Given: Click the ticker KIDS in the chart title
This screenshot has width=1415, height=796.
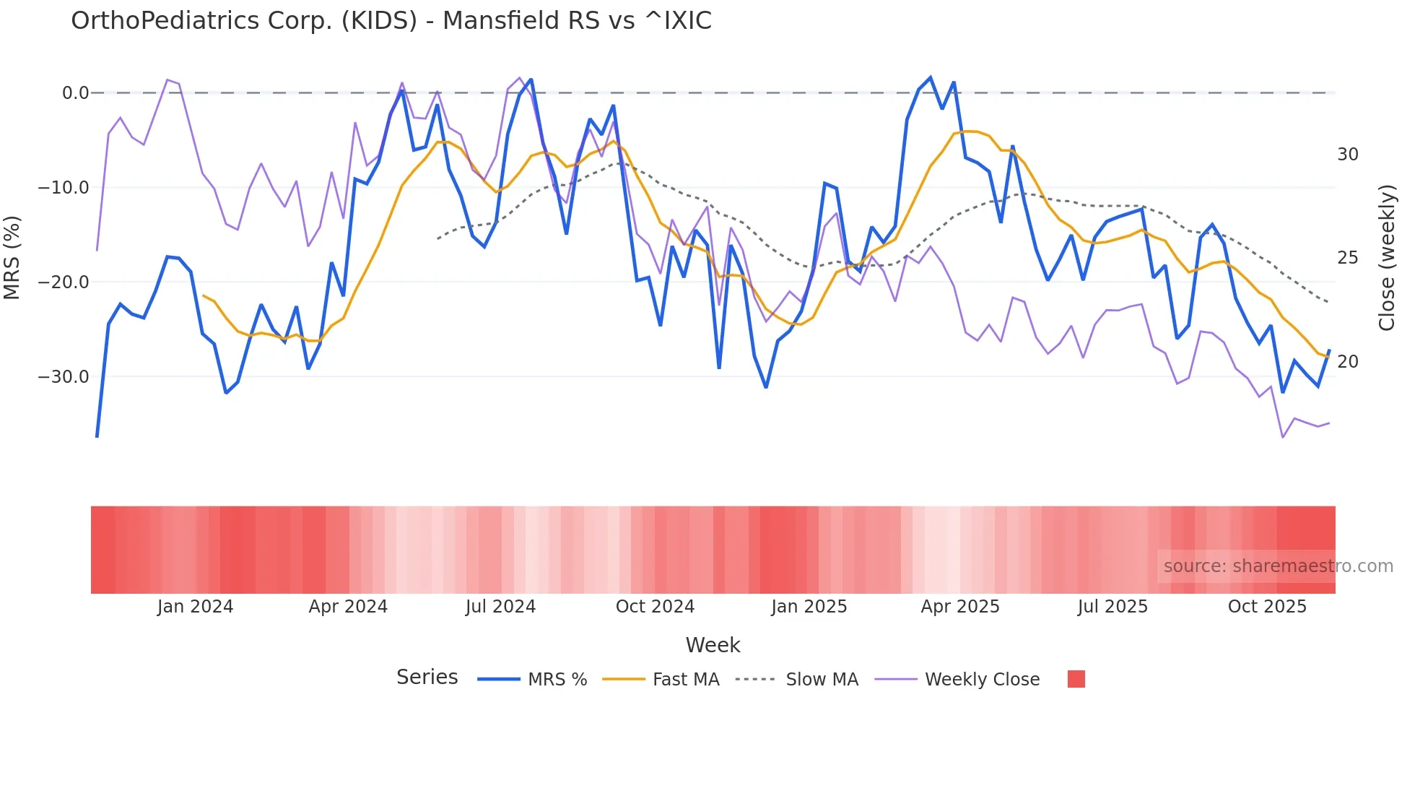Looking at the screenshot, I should [379, 21].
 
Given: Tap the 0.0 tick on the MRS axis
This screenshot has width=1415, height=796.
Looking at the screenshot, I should [75, 93].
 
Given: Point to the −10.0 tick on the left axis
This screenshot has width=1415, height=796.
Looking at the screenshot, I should [64, 188].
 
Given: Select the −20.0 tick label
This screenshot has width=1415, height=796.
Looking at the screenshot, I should [64, 282].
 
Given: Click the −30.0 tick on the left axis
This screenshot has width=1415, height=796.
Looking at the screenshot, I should [64, 377].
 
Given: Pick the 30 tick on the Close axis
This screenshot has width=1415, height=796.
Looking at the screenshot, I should [1347, 155].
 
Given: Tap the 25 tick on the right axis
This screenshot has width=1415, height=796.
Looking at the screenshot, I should [1347, 258].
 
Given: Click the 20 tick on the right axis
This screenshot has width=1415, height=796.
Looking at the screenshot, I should [1347, 362].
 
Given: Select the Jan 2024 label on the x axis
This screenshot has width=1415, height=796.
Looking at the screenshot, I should [195, 607].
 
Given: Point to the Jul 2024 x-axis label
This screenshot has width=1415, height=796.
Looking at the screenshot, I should [500, 607].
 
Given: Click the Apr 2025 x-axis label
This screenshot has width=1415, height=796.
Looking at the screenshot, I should [959, 607].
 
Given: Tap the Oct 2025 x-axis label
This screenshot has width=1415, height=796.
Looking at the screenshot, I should [1267, 607].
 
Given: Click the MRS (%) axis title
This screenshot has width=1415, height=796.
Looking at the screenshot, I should [12, 258].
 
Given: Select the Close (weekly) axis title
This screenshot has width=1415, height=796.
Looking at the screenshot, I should [1386, 258].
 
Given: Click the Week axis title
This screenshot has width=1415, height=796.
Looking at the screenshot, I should [713, 645].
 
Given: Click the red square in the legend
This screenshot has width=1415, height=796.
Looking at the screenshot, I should [1076, 679].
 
